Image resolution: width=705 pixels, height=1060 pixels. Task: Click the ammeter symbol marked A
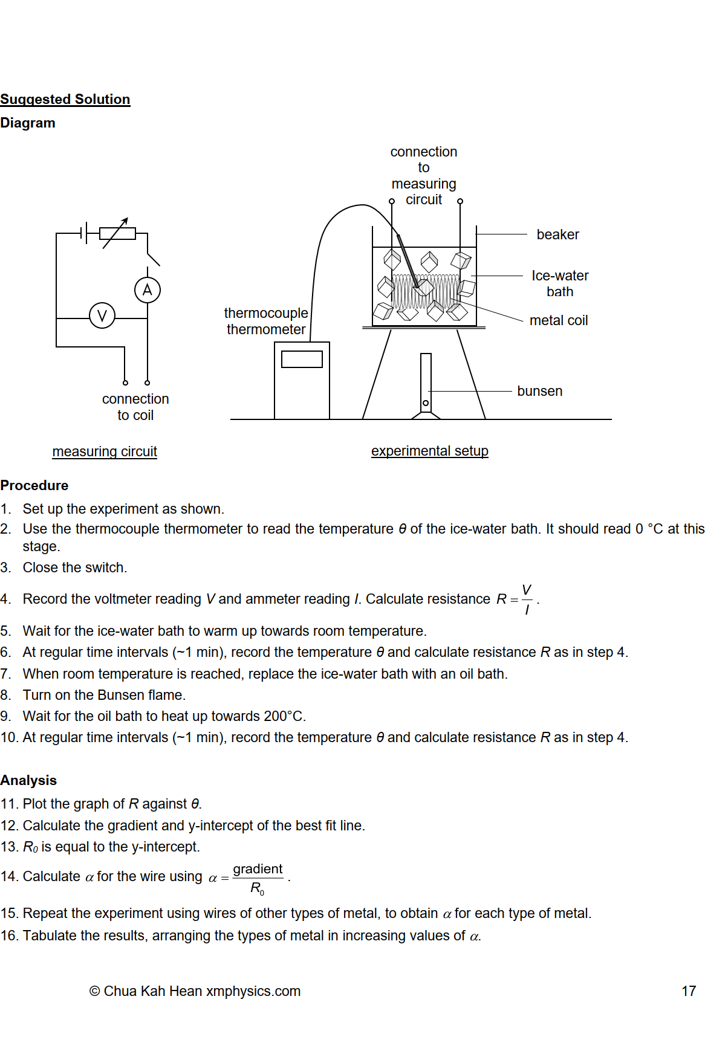pyautogui.click(x=148, y=290)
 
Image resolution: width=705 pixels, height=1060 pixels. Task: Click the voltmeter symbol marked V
pyautogui.click(x=102, y=315)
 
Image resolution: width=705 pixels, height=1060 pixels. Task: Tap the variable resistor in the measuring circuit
pyautogui.click(x=117, y=233)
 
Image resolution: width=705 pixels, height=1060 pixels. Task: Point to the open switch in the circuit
pyautogui.click(x=152, y=259)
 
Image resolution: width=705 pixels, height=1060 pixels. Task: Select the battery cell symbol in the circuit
pyautogui.click(x=84, y=233)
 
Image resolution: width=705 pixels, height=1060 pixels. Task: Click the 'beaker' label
pyautogui.click(x=557, y=234)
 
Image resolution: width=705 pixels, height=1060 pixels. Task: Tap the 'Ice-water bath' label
pyautogui.click(x=560, y=283)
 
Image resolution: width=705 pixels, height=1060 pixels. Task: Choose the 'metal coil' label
pyautogui.click(x=559, y=320)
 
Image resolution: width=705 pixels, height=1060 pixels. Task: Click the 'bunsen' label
pyautogui.click(x=539, y=391)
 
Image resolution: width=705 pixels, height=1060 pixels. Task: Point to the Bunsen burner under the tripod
pyautogui.click(x=426, y=384)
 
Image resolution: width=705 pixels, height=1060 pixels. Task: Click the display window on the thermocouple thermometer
pyautogui.click(x=302, y=359)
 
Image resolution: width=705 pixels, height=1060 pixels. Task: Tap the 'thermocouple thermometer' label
pyautogui.click(x=266, y=321)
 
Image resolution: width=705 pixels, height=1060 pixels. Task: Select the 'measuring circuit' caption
pyautogui.click(x=105, y=451)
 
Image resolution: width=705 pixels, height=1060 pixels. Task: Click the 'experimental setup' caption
pyautogui.click(x=429, y=451)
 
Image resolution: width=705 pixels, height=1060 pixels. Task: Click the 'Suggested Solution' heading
pyautogui.click(x=65, y=99)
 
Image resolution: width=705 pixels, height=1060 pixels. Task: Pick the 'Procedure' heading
pyautogui.click(x=34, y=485)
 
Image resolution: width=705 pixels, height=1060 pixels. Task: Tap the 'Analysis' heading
pyautogui.click(x=28, y=780)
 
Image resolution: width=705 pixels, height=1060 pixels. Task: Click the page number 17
pyautogui.click(x=689, y=991)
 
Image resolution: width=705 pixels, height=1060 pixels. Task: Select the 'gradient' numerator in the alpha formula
pyautogui.click(x=258, y=869)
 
